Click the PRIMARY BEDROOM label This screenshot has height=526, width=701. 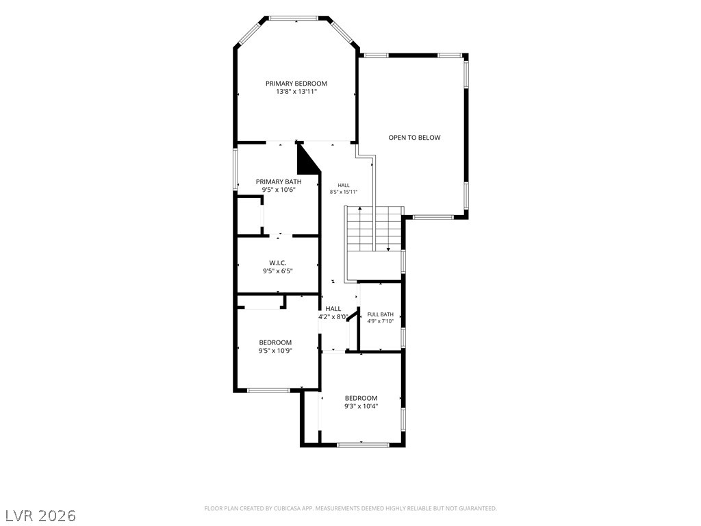296,84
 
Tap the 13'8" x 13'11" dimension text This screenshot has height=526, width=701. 296,92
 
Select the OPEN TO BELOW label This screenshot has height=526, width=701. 414,138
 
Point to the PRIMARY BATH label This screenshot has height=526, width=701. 279,181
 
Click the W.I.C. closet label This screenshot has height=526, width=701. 278,262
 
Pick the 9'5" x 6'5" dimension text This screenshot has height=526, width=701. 278,271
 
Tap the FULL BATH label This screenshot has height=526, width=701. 381,314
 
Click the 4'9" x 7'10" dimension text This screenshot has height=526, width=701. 381,321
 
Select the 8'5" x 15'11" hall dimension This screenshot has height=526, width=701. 344,192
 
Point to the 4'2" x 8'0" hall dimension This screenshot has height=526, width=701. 333,316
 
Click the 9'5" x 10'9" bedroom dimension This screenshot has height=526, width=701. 275,351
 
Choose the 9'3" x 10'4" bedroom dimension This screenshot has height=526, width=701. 361,407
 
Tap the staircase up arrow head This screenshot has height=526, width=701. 360,209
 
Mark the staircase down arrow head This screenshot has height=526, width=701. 388,249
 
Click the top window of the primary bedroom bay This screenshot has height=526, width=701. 294,18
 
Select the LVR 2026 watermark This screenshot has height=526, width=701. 38,516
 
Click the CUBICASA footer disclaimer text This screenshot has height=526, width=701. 350,509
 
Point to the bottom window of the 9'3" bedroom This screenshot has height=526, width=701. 363,445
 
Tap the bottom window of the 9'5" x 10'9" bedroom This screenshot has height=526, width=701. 268,390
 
